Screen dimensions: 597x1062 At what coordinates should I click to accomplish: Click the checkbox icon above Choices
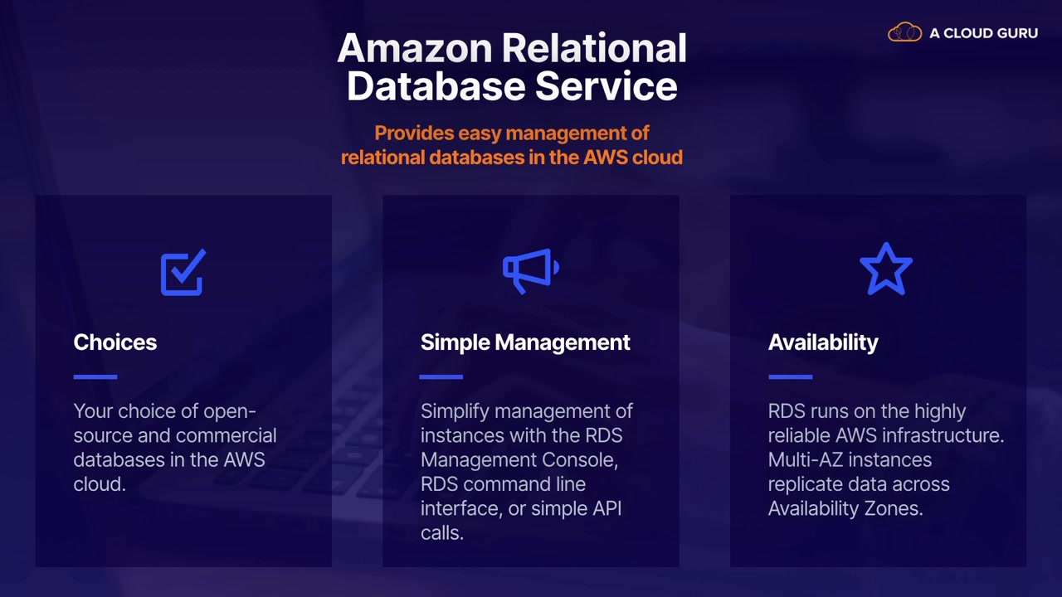tap(183, 274)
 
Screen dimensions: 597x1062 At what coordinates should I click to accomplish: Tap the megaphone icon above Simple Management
tap(530, 270)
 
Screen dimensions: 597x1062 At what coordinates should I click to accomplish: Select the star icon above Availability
tap(886, 269)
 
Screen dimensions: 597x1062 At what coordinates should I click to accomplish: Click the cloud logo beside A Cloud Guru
tap(904, 33)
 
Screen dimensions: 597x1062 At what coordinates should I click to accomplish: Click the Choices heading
tap(114, 342)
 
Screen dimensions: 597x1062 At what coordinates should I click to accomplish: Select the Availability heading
tap(822, 342)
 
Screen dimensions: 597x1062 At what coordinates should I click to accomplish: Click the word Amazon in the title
tap(412, 48)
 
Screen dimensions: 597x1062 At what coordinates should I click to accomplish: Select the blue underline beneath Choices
tap(95, 376)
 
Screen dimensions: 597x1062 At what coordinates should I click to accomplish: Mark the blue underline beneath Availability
tap(790, 376)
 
